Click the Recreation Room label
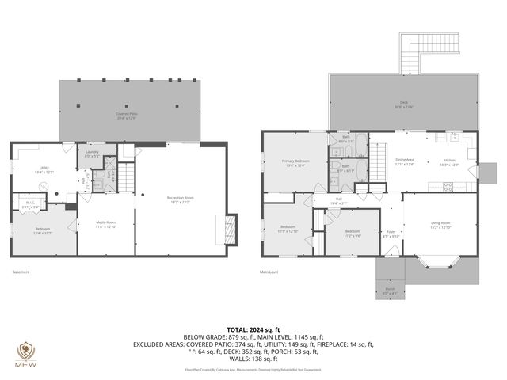tap(180, 199)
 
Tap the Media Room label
tap(105, 225)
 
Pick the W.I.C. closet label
tap(29, 205)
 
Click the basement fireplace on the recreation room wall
tap(231, 228)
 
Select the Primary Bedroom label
tap(295, 163)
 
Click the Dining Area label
tap(405, 161)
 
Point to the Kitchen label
tap(449, 161)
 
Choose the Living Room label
tap(440, 225)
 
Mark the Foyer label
tap(391, 234)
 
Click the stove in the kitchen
tap(448, 187)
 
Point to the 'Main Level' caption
tap(269, 272)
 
